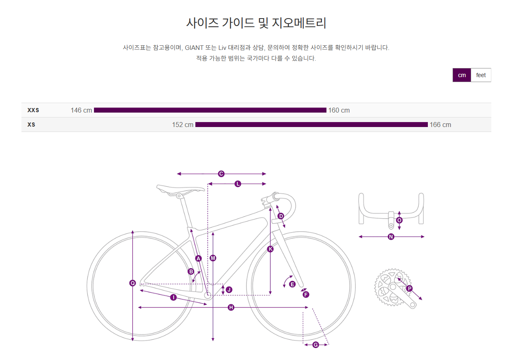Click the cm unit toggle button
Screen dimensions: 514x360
tap(462, 75)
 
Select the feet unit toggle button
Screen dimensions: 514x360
tap(481, 75)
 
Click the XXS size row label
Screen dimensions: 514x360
tap(33, 110)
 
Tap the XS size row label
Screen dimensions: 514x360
tap(31, 125)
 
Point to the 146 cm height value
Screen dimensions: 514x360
tap(81, 110)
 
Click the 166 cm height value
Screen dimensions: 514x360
tap(440, 125)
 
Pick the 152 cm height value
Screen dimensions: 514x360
tap(183, 125)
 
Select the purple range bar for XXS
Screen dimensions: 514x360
tap(210, 110)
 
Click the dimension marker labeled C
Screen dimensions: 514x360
tap(221, 174)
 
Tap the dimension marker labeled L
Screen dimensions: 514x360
tap(237, 184)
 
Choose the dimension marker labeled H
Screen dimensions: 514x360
tap(231, 307)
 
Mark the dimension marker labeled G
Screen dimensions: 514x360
tap(316, 345)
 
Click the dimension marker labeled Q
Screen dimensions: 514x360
tap(132, 283)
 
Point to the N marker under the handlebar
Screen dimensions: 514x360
tap(391, 237)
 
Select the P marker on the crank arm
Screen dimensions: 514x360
tap(409, 289)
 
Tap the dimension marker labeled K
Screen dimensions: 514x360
tap(270, 249)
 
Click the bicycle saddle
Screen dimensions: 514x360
tap(181, 189)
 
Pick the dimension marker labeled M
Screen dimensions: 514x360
tap(213, 258)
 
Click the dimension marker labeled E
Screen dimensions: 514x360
tap(292, 284)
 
